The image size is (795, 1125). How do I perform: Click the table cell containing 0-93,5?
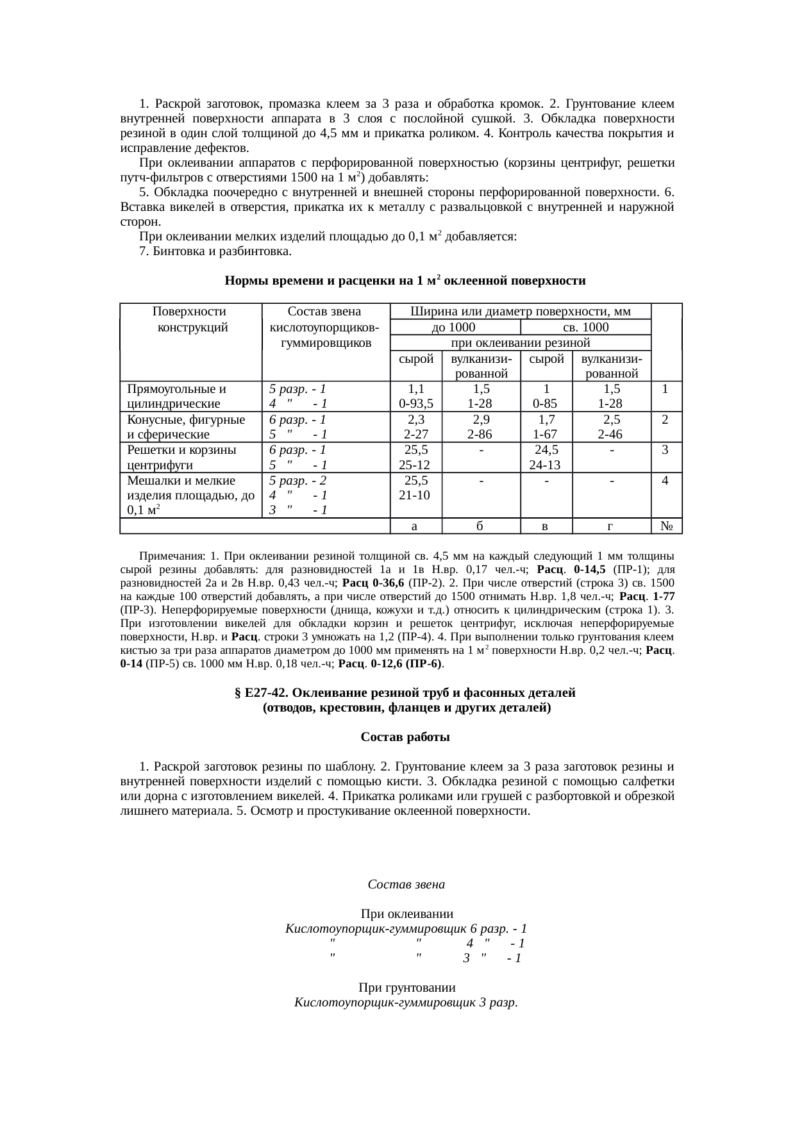(415, 404)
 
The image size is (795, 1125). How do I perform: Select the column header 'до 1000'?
(454, 327)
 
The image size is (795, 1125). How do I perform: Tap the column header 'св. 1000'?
(585, 327)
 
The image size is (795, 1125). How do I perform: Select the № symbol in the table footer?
(665, 526)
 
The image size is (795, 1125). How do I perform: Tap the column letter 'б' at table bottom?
(480, 526)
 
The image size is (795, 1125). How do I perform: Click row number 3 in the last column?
(665, 450)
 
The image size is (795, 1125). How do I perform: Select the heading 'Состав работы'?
(405, 737)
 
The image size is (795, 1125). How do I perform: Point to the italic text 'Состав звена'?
(406, 885)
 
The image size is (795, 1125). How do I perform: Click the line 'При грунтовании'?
(406, 987)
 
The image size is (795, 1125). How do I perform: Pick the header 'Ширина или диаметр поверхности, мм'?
(520, 312)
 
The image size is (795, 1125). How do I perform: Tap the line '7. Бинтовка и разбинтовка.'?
(215, 251)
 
